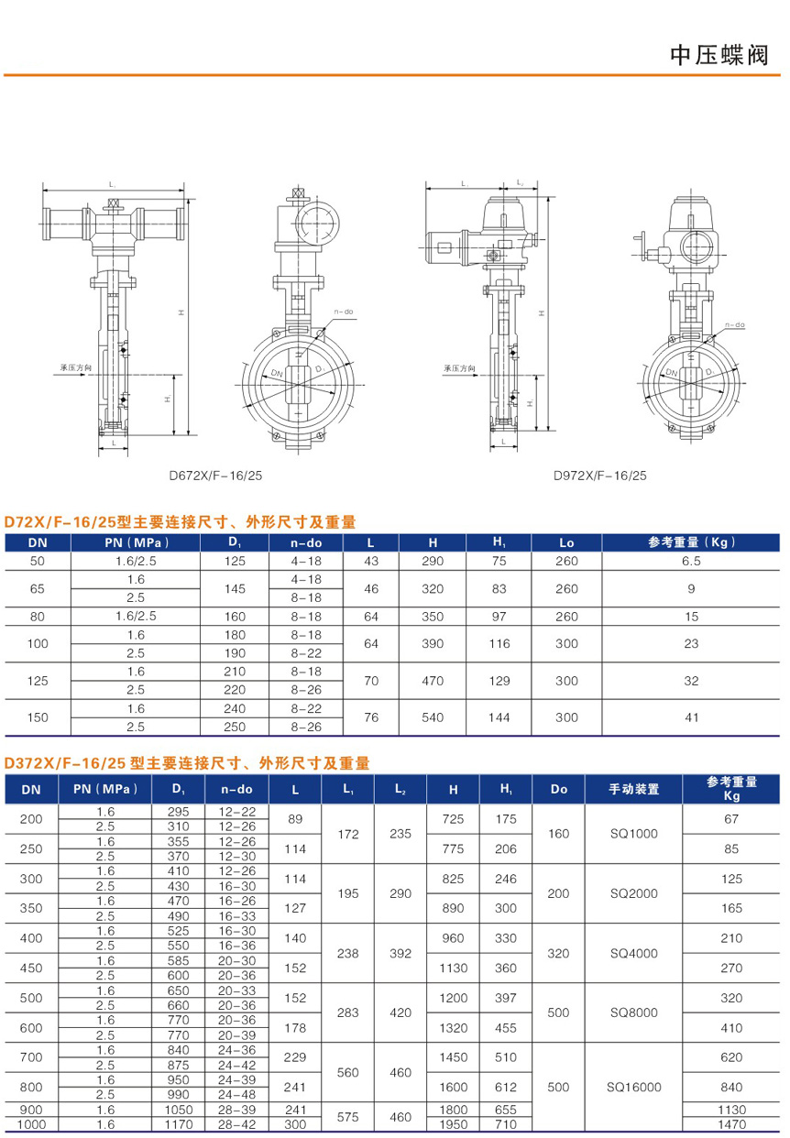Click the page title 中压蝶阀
point(719,55)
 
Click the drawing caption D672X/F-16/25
point(215,476)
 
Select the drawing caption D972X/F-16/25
point(600,476)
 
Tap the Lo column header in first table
point(566,542)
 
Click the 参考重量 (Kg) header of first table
point(691,542)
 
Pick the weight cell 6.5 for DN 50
point(691,561)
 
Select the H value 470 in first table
point(433,681)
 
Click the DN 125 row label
point(38,681)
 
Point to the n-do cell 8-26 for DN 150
point(306,727)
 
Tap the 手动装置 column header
point(633,789)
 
